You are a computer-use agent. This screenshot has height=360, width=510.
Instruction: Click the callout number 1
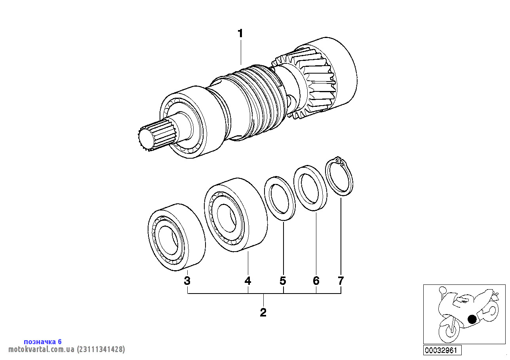(x=240, y=34)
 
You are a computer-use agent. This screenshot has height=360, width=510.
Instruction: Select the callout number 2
(x=263, y=313)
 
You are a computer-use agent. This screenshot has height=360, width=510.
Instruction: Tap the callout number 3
(x=187, y=281)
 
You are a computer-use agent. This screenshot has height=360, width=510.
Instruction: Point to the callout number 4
(x=248, y=281)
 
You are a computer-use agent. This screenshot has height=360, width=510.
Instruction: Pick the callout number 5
(x=283, y=281)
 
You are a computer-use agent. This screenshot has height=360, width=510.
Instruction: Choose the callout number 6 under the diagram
(x=316, y=281)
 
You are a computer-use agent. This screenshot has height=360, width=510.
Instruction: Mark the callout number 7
(x=341, y=281)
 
